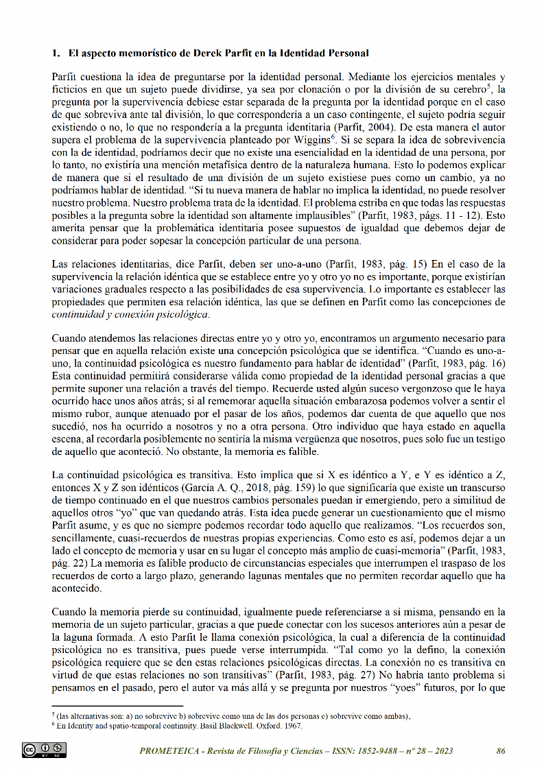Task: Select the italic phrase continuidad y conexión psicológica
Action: coord(130,314)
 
